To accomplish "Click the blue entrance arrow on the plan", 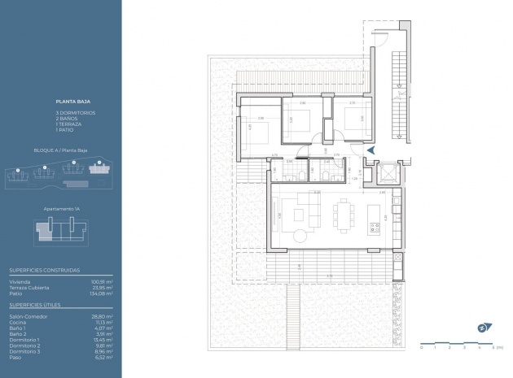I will point(370,150).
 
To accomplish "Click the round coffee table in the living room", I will point(302,235).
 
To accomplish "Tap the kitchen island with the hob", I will point(376,215).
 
